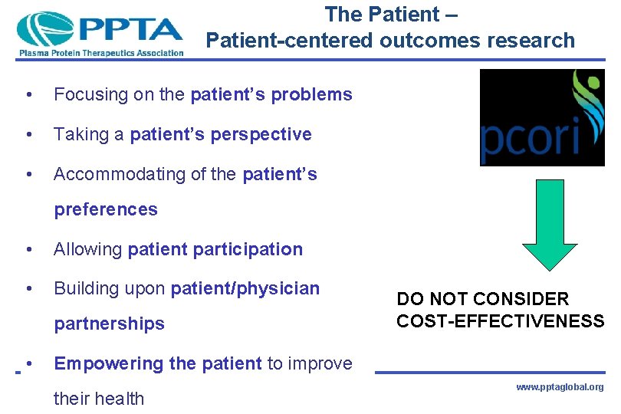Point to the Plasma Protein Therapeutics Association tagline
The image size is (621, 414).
click(100, 53)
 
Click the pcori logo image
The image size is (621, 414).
click(541, 117)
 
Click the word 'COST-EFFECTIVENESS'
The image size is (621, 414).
click(500, 320)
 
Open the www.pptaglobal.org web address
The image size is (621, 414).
click(560, 387)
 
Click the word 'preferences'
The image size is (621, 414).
click(106, 209)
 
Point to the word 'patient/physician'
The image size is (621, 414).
click(245, 288)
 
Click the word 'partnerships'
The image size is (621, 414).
click(109, 324)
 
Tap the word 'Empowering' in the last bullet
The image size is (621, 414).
click(103, 363)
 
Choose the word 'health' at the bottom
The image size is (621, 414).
click(121, 398)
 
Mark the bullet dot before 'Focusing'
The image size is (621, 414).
click(28, 95)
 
